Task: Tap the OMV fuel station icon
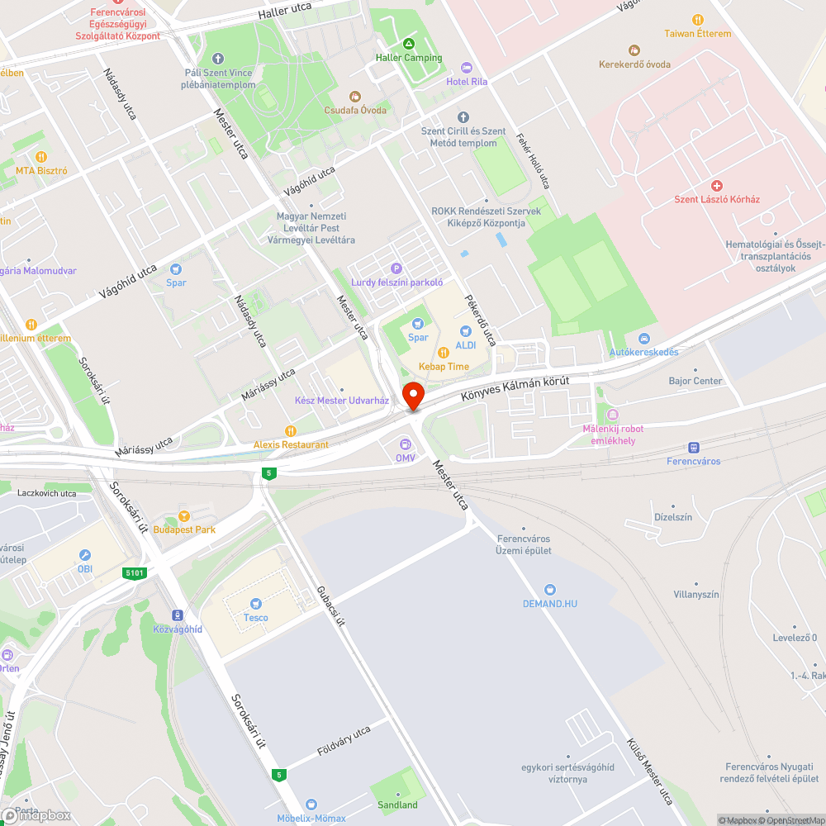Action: pyautogui.click(x=405, y=444)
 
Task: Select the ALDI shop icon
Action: pyautogui.click(x=466, y=332)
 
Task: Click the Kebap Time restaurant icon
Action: pyautogui.click(x=444, y=353)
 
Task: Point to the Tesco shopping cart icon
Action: pyautogui.click(x=255, y=604)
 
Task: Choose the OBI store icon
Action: pyautogui.click(x=85, y=555)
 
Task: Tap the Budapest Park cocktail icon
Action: pyautogui.click(x=184, y=516)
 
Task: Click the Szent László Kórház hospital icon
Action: pyautogui.click(x=716, y=186)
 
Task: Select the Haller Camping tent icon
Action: pyautogui.click(x=409, y=44)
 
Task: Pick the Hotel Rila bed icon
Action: pyautogui.click(x=467, y=68)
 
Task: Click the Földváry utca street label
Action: pyautogui.click(x=344, y=742)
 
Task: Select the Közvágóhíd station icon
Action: pyautogui.click(x=177, y=615)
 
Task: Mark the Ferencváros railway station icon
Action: pyautogui.click(x=693, y=447)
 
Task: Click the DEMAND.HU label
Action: pyautogui.click(x=550, y=603)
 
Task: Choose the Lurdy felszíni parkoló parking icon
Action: pyautogui.click(x=396, y=268)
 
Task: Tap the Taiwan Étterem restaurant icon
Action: pyautogui.click(x=698, y=20)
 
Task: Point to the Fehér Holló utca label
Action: pyautogui.click(x=533, y=161)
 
